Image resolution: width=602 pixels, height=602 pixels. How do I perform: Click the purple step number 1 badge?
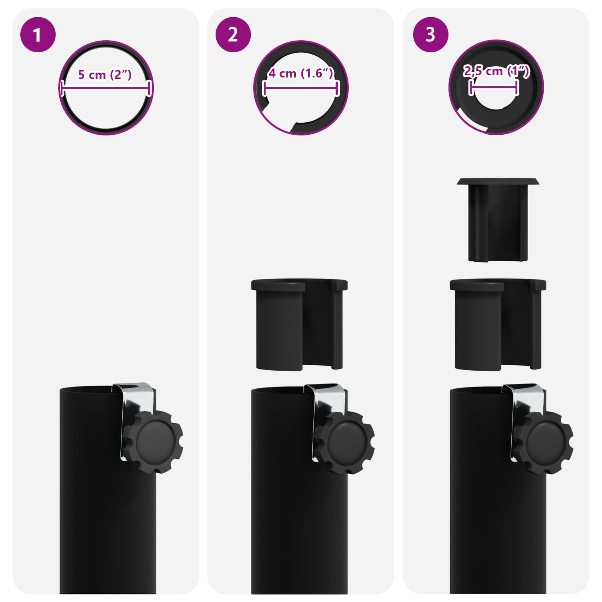[38, 35]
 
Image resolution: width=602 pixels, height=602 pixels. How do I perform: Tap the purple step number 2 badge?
[233, 35]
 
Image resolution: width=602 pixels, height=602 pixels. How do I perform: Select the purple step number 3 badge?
[430, 35]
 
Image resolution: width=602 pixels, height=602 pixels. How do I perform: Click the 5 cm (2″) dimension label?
[105, 74]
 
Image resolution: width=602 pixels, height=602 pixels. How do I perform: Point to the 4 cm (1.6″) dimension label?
[301, 73]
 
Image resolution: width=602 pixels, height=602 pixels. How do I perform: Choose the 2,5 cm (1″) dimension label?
[496, 71]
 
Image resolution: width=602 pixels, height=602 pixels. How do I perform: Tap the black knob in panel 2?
[345, 443]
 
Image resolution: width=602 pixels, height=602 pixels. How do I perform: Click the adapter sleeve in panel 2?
[299, 324]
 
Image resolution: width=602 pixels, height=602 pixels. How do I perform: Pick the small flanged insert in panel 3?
[497, 220]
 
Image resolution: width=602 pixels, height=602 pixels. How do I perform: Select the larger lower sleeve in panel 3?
[498, 324]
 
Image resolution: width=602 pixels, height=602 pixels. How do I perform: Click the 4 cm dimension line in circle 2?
[301, 88]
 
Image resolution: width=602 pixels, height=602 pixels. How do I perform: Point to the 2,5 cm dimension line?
[494, 88]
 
